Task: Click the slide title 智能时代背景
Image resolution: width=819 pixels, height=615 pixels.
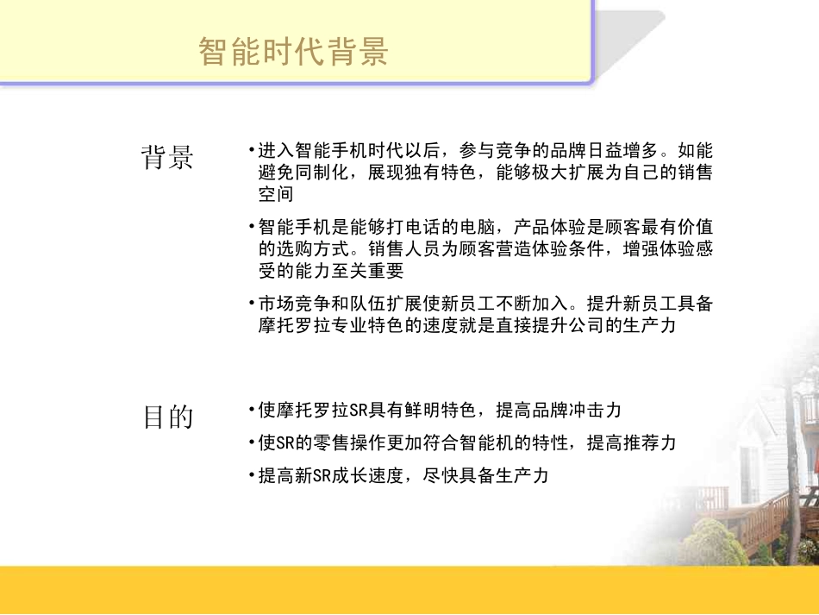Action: point(294,52)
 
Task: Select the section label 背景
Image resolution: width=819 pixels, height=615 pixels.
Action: point(167,157)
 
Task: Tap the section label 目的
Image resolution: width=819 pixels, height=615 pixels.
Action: point(168,417)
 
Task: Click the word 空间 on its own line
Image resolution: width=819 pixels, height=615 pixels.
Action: point(276,194)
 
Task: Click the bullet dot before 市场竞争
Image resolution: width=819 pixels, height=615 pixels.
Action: point(250,304)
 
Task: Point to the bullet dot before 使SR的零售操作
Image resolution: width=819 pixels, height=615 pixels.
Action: point(250,442)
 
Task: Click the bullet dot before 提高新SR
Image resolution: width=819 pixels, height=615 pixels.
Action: point(250,475)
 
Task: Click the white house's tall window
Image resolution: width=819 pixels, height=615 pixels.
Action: point(748,474)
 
